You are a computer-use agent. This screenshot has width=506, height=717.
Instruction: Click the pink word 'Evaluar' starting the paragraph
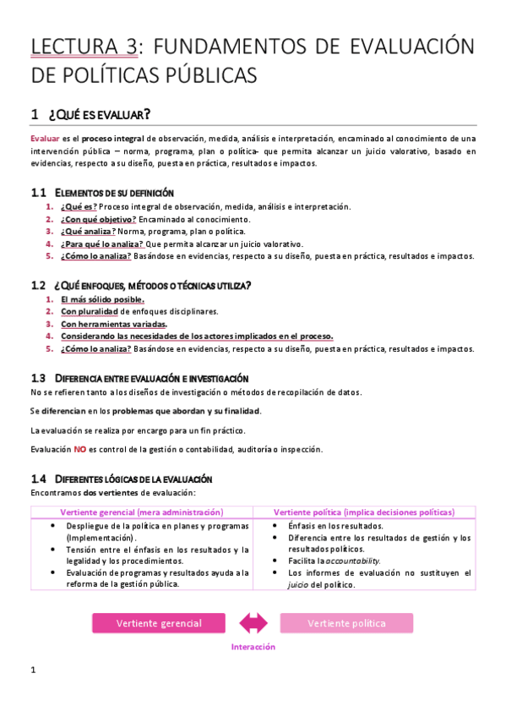pyautogui.click(x=44, y=138)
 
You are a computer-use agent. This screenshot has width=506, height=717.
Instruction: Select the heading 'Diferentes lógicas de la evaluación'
pyautogui.click(x=127, y=479)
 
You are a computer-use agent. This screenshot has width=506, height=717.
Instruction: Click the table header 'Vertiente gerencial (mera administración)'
pyautogui.click(x=142, y=512)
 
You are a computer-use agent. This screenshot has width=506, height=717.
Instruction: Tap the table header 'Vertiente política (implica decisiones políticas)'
pyautogui.click(x=364, y=512)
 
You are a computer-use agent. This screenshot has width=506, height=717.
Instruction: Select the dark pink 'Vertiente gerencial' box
pyautogui.click(x=159, y=623)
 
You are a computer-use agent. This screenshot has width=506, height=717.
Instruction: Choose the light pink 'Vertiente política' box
pyautogui.click(x=346, y=623)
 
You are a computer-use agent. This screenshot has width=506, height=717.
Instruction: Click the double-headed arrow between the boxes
pyautogui.click(x=253, y=623)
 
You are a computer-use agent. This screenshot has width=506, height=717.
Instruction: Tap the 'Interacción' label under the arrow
pyautogui.click(x=253, y=647)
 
